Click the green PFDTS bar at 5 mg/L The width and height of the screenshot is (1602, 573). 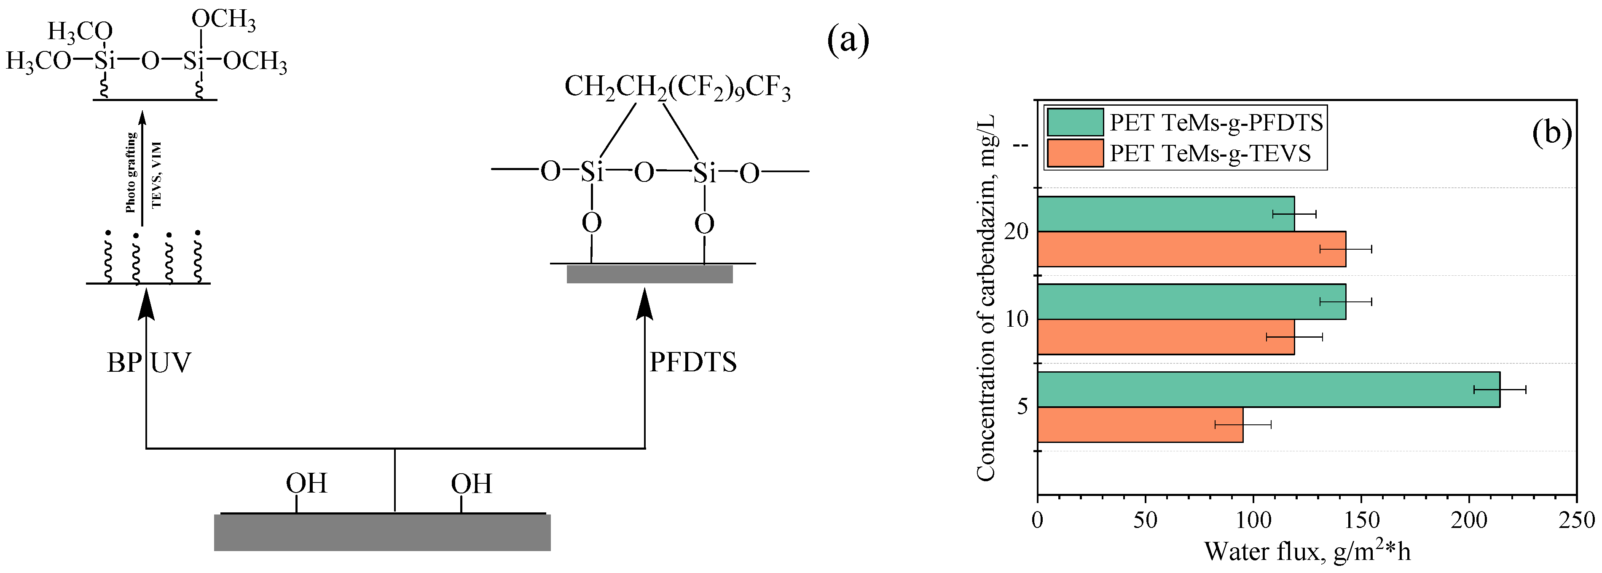1269,390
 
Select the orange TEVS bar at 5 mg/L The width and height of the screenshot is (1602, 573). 1140,424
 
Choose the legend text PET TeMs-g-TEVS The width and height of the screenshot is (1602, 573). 1210,154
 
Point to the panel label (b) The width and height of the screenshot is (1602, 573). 1552,132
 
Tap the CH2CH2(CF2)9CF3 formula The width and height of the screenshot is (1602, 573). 677,88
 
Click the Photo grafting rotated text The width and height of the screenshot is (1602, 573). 131,173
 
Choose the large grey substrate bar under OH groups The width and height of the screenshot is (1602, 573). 382,532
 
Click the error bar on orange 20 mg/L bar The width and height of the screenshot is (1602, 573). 1346,249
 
